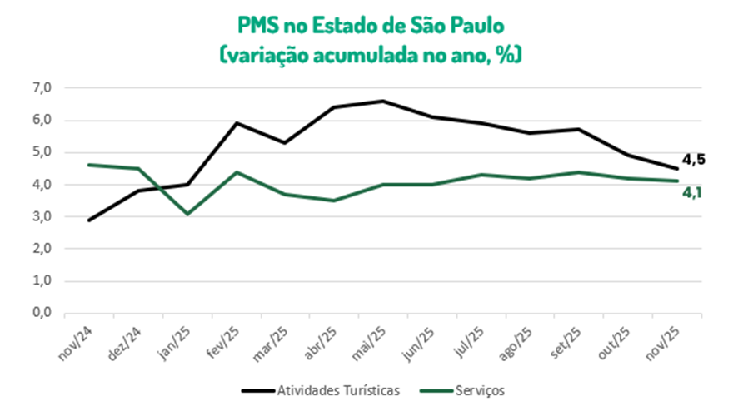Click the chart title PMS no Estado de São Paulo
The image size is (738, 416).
(368, 27)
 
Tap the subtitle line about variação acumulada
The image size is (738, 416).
(368, 55)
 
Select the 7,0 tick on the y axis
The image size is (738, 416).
(41, 87)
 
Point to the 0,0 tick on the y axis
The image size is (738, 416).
(41, 314)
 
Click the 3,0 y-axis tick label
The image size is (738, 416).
(41, 217)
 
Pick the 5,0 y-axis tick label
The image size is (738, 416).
(41, 152)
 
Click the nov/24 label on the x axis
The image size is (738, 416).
(77, 343)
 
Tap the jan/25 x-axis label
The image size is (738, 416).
(175, 343)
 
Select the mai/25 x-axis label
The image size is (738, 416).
(371, 343)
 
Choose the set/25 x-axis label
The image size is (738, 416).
(566, 343)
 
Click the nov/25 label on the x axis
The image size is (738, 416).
(665, 343)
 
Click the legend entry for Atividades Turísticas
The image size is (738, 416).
(321, 389)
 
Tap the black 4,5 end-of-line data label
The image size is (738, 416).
(693, 160)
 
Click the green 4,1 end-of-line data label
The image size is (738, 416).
(693, 193)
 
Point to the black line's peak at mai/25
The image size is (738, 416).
(382, 101)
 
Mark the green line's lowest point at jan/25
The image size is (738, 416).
(187, 214)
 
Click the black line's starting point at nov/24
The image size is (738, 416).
(89, 220)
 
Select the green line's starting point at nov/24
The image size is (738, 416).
(89, 165)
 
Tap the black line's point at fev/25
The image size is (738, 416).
(236, 123)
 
